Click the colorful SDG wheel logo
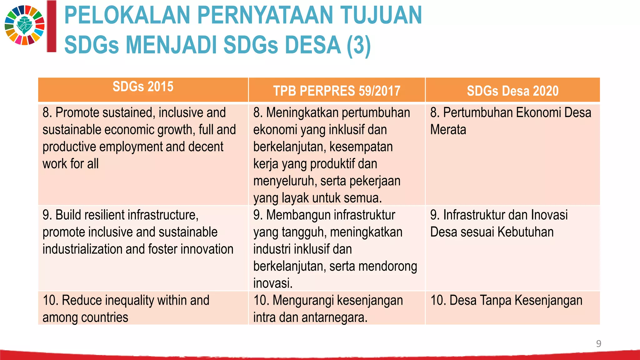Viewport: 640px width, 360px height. [25, 25]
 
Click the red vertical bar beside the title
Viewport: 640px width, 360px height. [52, 26]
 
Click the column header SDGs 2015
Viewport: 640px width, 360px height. [143, 87]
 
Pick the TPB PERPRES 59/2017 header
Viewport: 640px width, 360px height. [337, 91]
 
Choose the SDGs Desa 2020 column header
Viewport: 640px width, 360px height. [512, 91]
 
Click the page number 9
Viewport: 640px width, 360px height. [598, 343]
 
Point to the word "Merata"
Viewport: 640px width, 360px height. [448, 130]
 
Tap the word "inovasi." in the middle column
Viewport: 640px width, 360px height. [273, 283]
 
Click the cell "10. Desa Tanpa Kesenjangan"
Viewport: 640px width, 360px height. [506, 300]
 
